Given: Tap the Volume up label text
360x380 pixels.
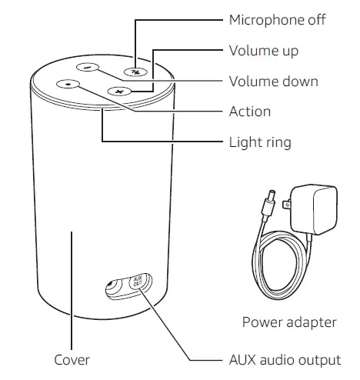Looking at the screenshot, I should (x=264, y=52).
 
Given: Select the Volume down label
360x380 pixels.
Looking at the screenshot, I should (x=273, y=81).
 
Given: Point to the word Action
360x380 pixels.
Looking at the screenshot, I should (x=249, y=112).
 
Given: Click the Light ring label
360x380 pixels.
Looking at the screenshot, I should (x=260, y=142).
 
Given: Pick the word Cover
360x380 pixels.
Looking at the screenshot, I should (x=72, y=359).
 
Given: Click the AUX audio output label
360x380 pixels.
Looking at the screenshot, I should (x=285, y=359).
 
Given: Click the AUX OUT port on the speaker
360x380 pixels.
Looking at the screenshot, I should (x=137, y=281).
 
